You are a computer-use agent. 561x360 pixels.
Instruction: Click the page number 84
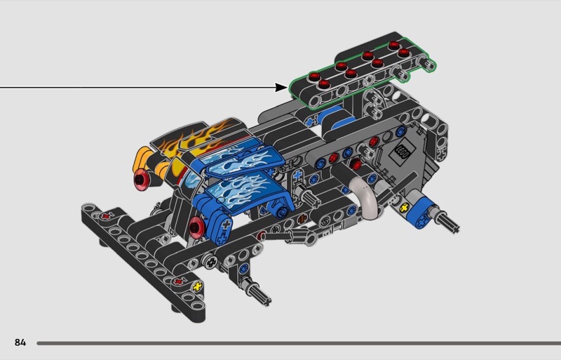(20, 342)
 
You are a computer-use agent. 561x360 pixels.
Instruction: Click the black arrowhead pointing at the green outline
(281, 87)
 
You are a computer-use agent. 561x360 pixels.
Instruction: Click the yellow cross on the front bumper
(197, 286)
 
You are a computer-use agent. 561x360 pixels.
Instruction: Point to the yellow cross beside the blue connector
(405, 208)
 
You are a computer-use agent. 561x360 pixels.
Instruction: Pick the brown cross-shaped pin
(303, 219)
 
